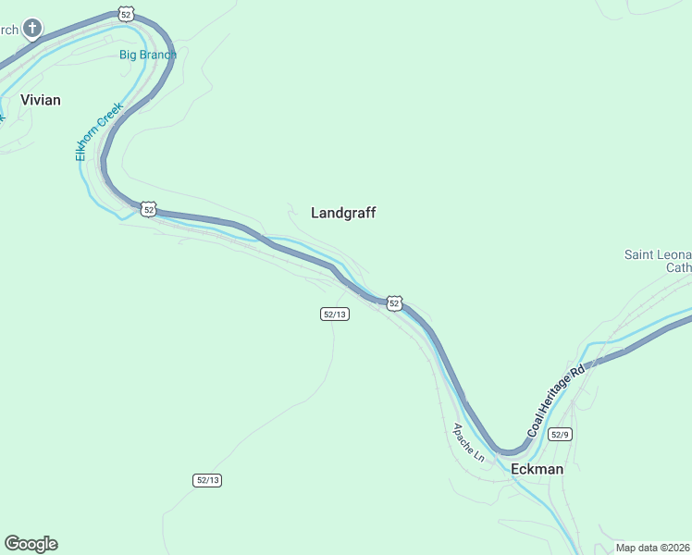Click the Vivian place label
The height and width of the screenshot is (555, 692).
coord(41,100)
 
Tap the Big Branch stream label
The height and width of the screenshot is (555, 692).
coord(147,55)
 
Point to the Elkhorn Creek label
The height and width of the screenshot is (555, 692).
coord(99,131)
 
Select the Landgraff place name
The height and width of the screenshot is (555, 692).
coord(343,213)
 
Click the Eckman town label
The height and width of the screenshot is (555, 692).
coord(537,469)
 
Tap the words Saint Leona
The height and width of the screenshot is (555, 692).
coord(658,254)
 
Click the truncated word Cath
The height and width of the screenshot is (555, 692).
coord(678,268)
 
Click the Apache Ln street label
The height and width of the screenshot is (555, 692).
coord(468,442)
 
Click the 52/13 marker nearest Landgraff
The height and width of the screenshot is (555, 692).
coord(335,314)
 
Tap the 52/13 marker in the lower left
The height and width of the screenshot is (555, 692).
coord(208,480)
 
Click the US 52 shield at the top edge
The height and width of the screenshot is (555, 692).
coord(127,13)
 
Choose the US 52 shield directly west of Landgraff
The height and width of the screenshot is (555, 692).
coord(148,209)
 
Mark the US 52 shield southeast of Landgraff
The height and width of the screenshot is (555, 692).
coord(394,303)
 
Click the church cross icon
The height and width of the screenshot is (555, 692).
coord(32,29)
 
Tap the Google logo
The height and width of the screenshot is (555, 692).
coord(31,544)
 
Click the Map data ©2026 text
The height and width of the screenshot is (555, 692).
coord(652,548)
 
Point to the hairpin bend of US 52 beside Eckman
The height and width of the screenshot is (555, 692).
coord(508,450)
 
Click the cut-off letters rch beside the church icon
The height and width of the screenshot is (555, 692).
coord(8,30)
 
